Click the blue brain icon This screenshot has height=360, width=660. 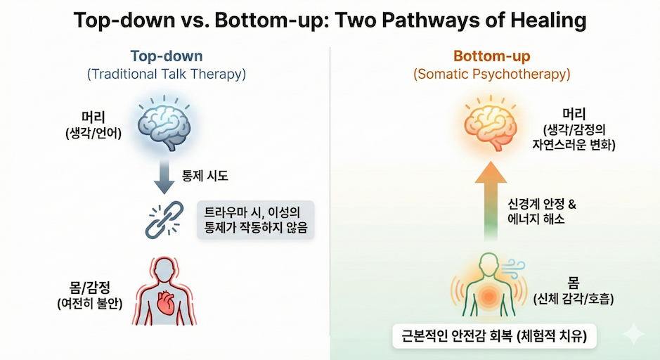click(164, 125)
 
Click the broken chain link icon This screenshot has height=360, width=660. click(164, 220)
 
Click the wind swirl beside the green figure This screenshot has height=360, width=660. click(514, 269)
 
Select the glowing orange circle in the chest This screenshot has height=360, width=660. click(488, 297)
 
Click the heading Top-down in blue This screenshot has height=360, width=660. click(167, 56)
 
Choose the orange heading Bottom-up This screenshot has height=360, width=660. click(491, 56)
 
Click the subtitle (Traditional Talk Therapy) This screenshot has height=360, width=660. click(167, 74)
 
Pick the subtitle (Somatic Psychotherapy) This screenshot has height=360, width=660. click(491, 74)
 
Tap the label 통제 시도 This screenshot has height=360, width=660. click(205, 175)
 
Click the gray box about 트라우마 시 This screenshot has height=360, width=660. click(256, 220)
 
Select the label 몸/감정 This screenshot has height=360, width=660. click(90, 288)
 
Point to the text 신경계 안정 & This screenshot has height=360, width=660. click(542, 204)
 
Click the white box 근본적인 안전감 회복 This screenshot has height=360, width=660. click(494, 336)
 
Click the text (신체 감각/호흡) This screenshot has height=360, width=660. click(574, 299)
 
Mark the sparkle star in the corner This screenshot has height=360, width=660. click(633, 334)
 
